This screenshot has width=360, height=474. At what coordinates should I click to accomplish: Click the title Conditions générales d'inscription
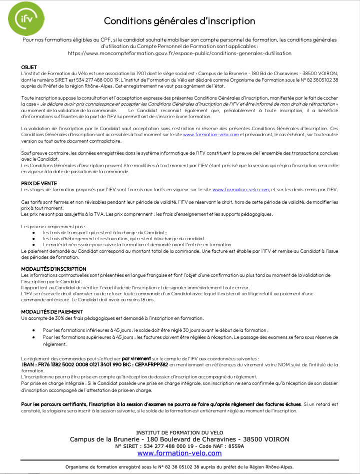tap(179, 21)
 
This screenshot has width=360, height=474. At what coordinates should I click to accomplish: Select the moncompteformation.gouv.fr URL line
tap(179, 53)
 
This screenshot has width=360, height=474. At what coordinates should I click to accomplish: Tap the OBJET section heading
tap(28, 67)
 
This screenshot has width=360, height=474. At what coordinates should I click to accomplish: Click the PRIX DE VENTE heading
tap(39, 184)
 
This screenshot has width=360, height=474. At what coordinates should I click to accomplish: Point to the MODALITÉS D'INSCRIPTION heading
tap(49, 269)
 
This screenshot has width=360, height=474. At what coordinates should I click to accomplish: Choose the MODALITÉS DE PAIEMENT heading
tap(48, 312)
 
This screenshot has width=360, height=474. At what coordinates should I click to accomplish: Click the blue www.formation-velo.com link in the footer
tap(179, 453)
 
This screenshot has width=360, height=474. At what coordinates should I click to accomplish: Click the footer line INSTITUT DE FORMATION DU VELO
tap(179, 432)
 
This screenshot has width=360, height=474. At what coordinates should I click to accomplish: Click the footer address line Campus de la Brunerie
tap(179, 439)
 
